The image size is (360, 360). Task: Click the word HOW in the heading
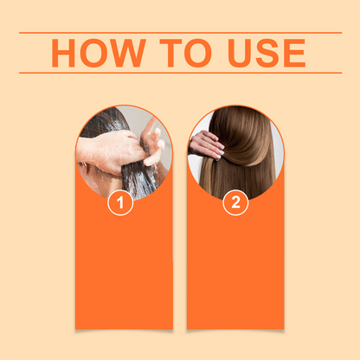point(96,53)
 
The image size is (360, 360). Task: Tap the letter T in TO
point(169,53)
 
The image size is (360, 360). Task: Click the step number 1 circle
point(120,204)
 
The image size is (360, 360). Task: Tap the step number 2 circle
point(235,204)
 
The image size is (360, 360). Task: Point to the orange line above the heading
point(180,33)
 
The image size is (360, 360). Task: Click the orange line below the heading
point(180,74)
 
